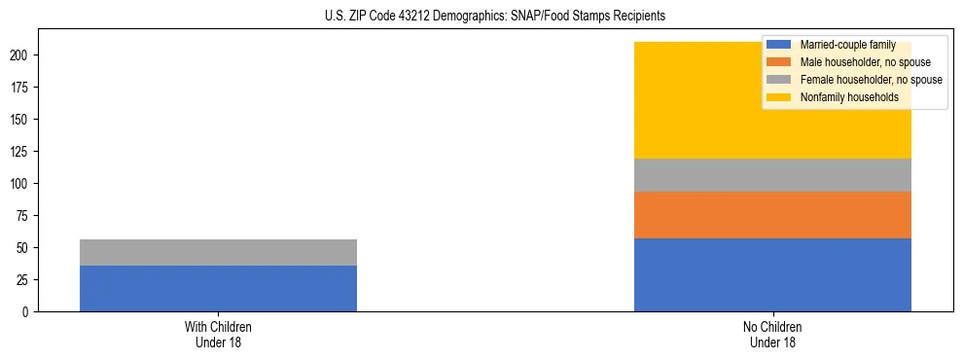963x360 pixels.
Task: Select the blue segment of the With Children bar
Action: (x=218, y=288)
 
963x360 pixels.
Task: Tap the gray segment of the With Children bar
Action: (x=218, y=252)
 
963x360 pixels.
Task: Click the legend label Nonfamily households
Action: (x=848, y=97)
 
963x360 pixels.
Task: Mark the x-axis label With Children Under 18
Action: (x=218, y=334)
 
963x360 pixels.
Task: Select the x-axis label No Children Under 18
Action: (x=772, y=334)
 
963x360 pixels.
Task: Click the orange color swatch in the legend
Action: (x=778, y=62)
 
